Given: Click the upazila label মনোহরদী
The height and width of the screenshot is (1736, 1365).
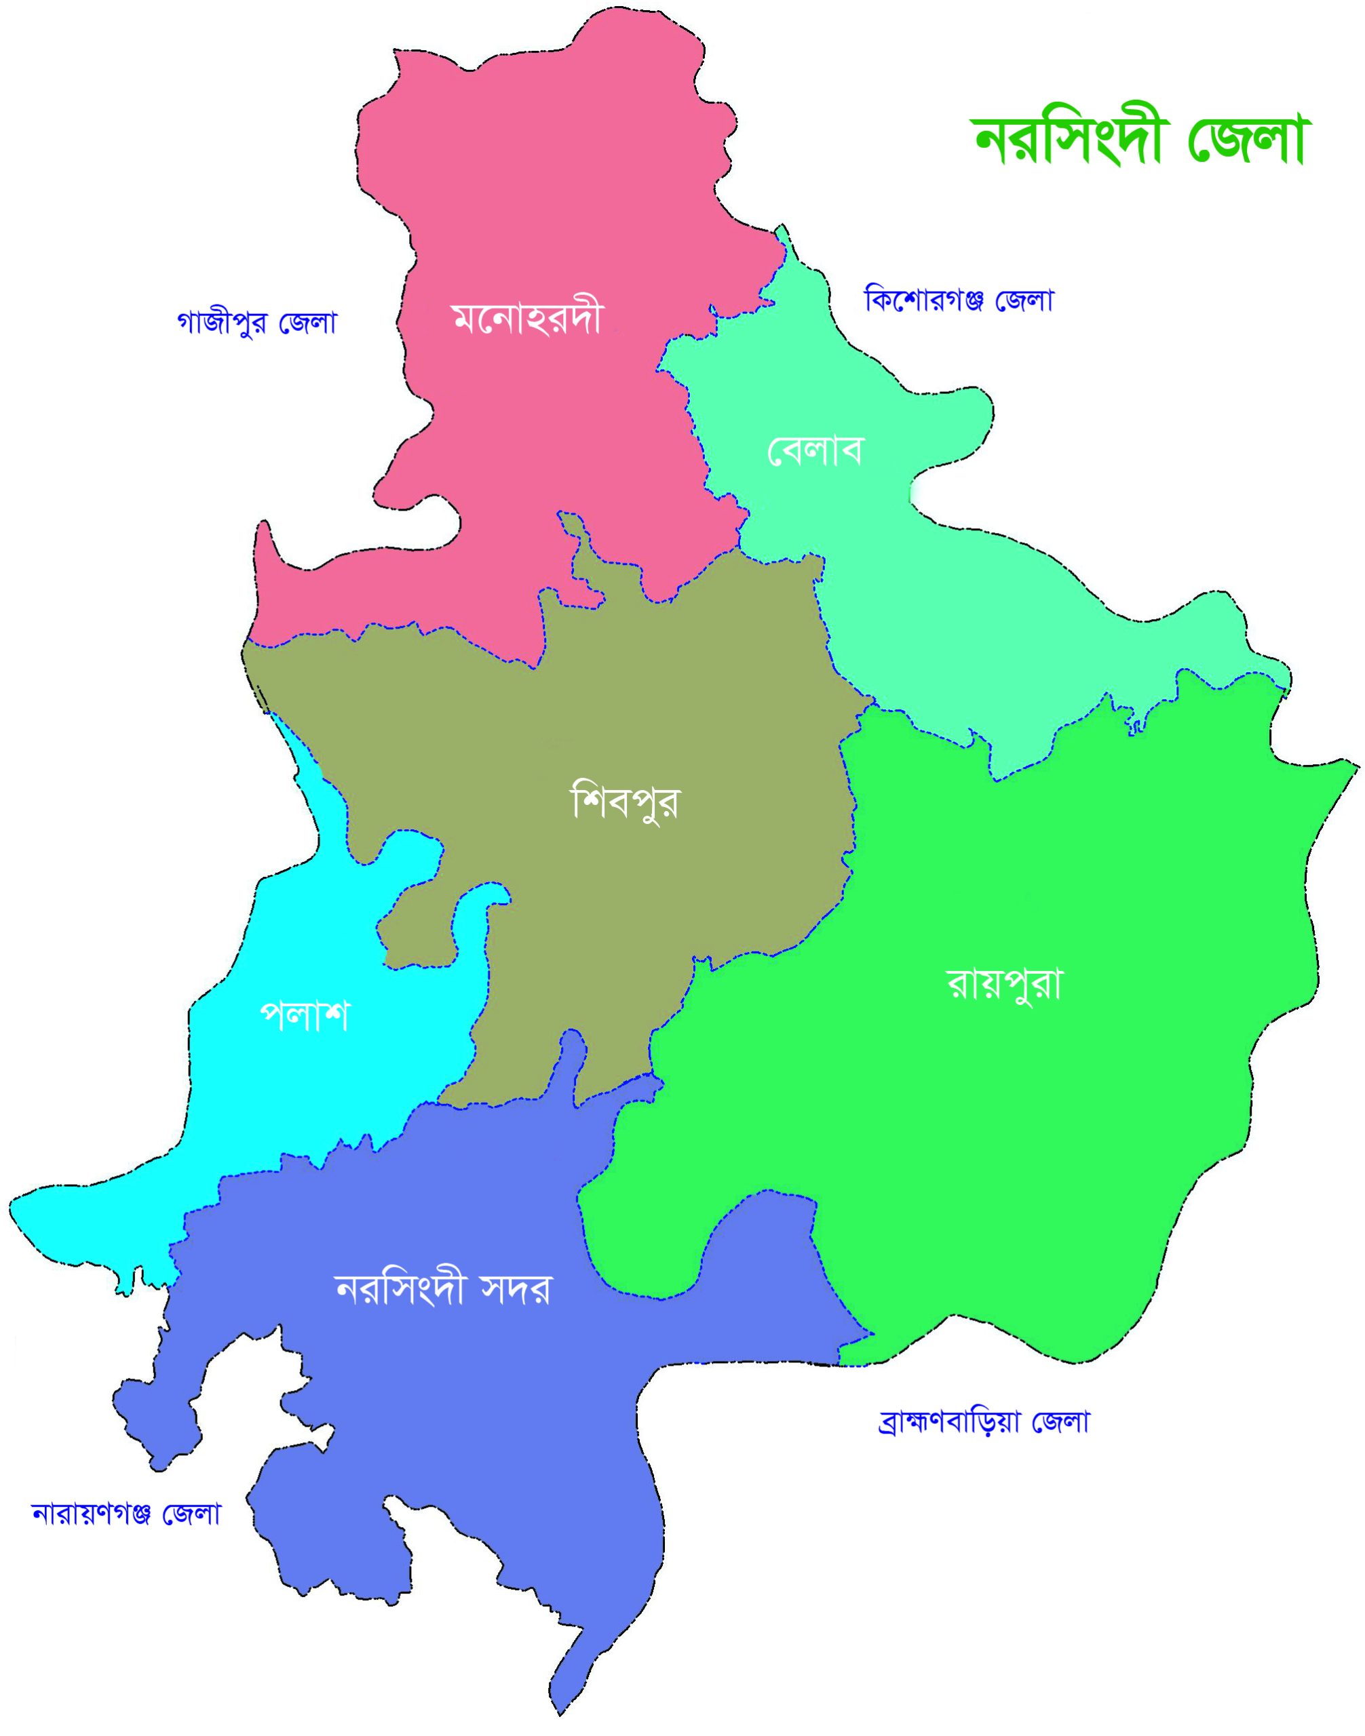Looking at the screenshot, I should [x=526, y=319].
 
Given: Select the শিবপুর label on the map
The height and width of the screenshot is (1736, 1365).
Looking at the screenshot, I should [x=625, y=802].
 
